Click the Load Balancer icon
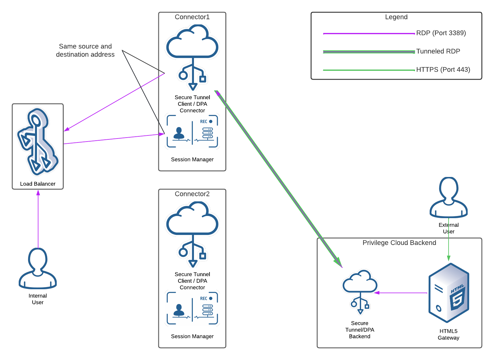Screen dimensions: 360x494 click(x=38, y=142)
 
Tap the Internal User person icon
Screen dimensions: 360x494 click(x=38, y=268)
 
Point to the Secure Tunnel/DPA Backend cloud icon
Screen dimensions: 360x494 click(x=360, y=291)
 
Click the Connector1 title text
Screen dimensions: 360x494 click(x=192, y=17)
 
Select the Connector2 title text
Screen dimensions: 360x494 click(x=192, y=194)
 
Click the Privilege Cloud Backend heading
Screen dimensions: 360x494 click(x=399, y=243)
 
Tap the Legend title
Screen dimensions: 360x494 click(x=396, y=17)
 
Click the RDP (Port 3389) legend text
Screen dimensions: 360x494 click(x=441, y=33)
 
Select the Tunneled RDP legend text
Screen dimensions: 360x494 click(x=438, y=51)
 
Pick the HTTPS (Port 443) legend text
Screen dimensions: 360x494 click(x=443, y=70)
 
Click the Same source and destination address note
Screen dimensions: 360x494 click(x=85, y=50)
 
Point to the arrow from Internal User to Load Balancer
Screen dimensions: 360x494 click(x=38, y=220)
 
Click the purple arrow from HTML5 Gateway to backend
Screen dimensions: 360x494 click(x=401, y=293)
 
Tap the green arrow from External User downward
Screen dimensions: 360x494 click(x=449, y=244)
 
